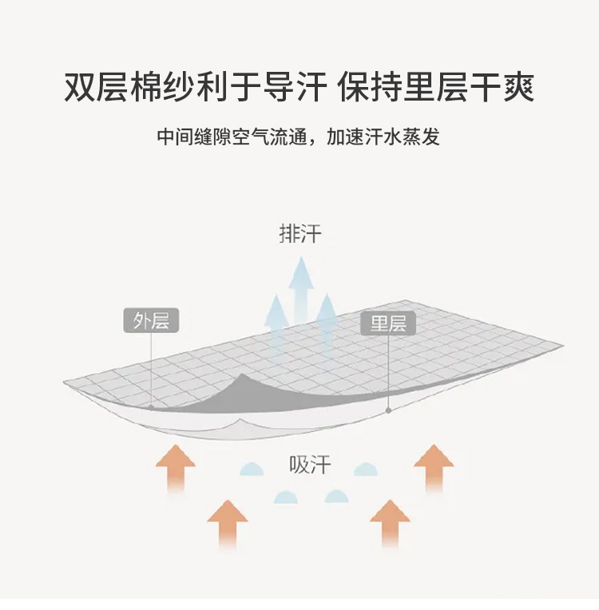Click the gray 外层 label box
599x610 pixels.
[151, 321]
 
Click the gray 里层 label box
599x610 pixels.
[388, 323]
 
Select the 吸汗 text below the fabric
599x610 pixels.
[310, 465]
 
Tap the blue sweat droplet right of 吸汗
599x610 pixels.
[366, 469]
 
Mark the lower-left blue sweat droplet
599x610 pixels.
[285, 497]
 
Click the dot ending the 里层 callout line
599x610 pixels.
[388, 410]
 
